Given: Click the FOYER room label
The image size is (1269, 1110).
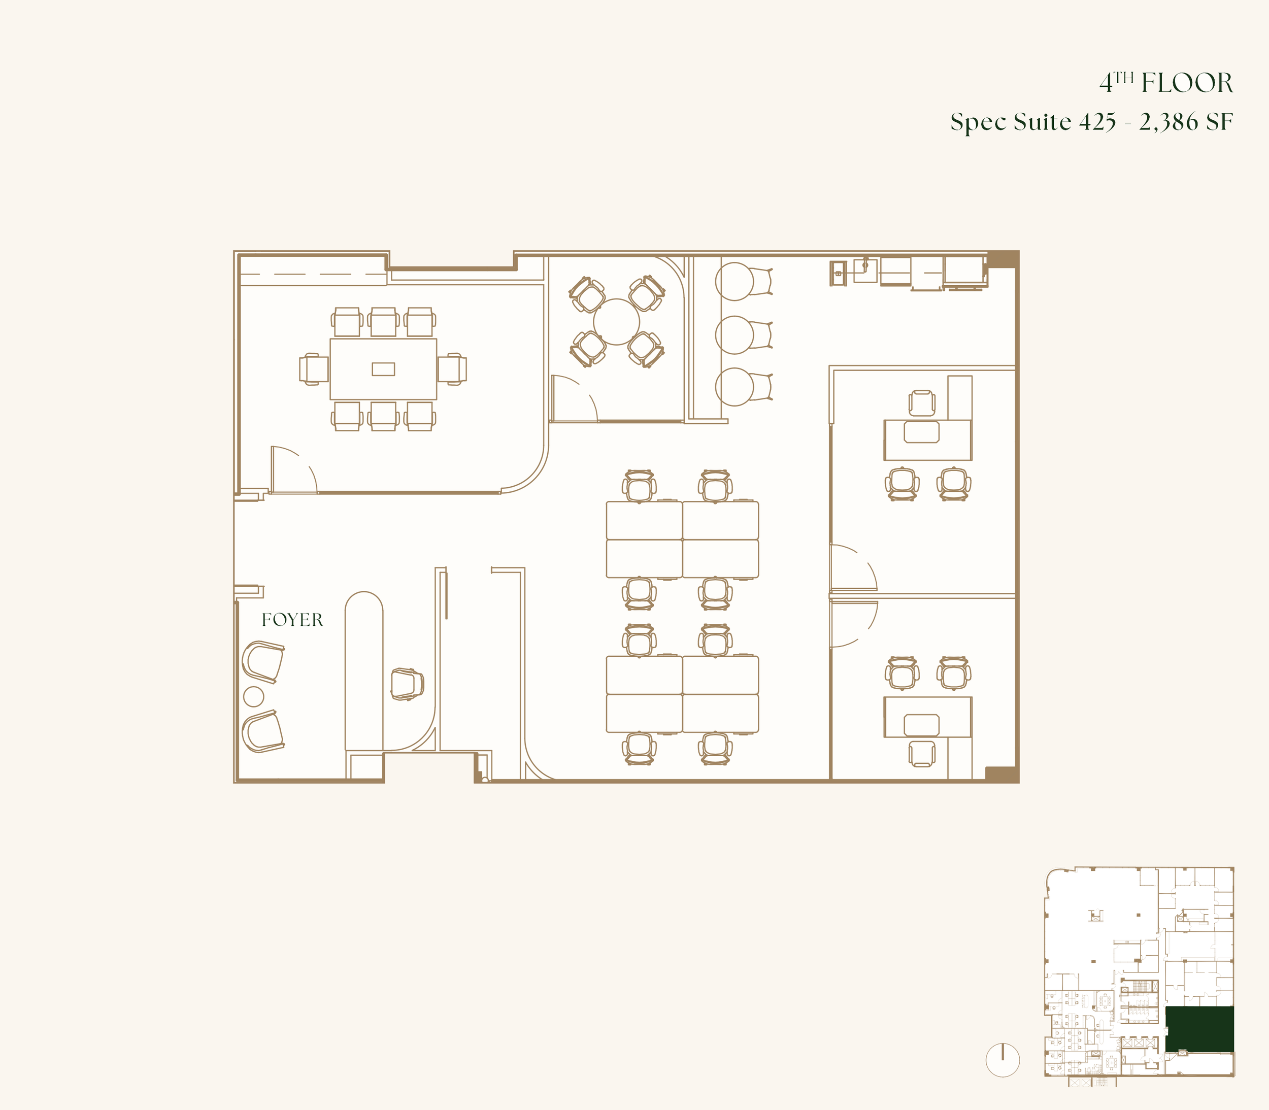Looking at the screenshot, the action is tap(292, 620).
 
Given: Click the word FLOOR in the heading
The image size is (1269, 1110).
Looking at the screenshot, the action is tap(1187, 83).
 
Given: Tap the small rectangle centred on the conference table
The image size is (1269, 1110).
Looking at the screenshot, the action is tap(383, 369).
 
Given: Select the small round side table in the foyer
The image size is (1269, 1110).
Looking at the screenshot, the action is tap(253, 697).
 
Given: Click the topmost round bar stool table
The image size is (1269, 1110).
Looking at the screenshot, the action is tap(734, 281).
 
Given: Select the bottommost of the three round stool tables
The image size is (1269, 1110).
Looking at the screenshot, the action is tap(734, 387).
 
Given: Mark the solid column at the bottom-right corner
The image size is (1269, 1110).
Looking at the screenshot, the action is tap(1002, 775).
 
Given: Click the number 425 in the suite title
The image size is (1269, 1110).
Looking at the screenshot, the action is tap(1097, 122).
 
